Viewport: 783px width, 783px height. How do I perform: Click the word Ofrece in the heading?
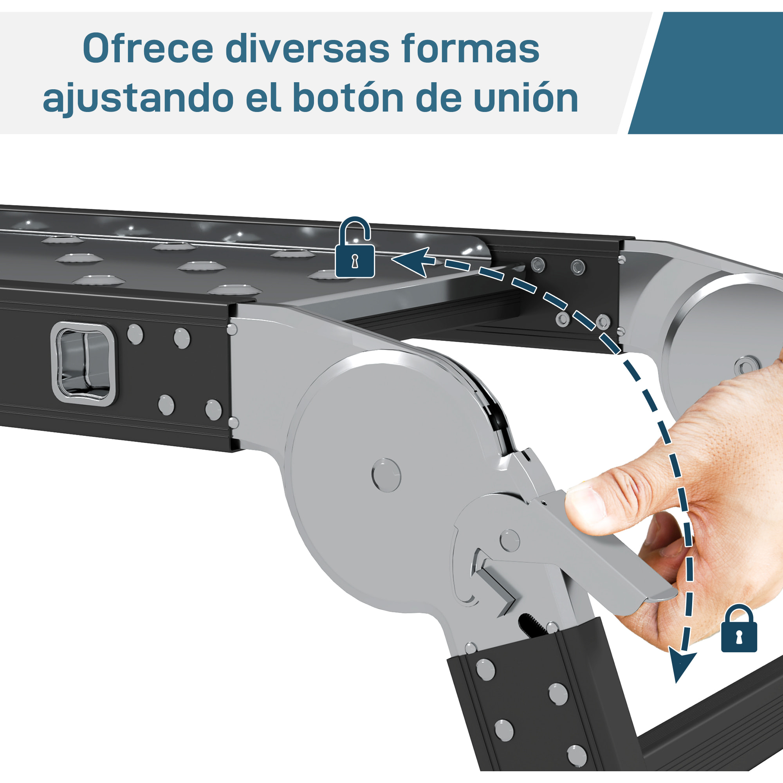[x=148, y=49]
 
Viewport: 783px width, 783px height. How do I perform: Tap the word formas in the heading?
[x=470, y=48]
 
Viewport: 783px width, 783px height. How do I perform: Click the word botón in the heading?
[x=348, y=97]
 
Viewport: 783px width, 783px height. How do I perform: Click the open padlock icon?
[x=355, y=247]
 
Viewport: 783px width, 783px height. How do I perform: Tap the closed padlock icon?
[x=739, y=628]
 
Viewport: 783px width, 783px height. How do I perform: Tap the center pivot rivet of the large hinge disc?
[x=386, y=475]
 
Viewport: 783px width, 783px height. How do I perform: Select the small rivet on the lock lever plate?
[x=510, y=540]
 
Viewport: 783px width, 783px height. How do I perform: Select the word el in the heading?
[x=263, y=97]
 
